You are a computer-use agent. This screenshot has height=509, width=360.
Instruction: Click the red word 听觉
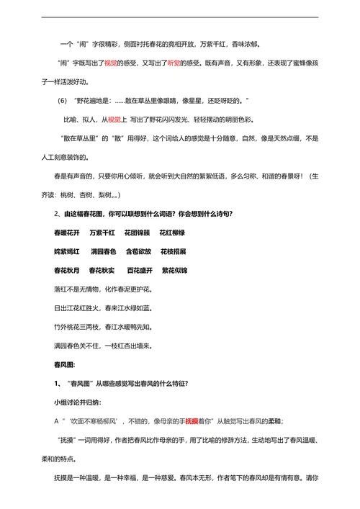click(x=175, y=63)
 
